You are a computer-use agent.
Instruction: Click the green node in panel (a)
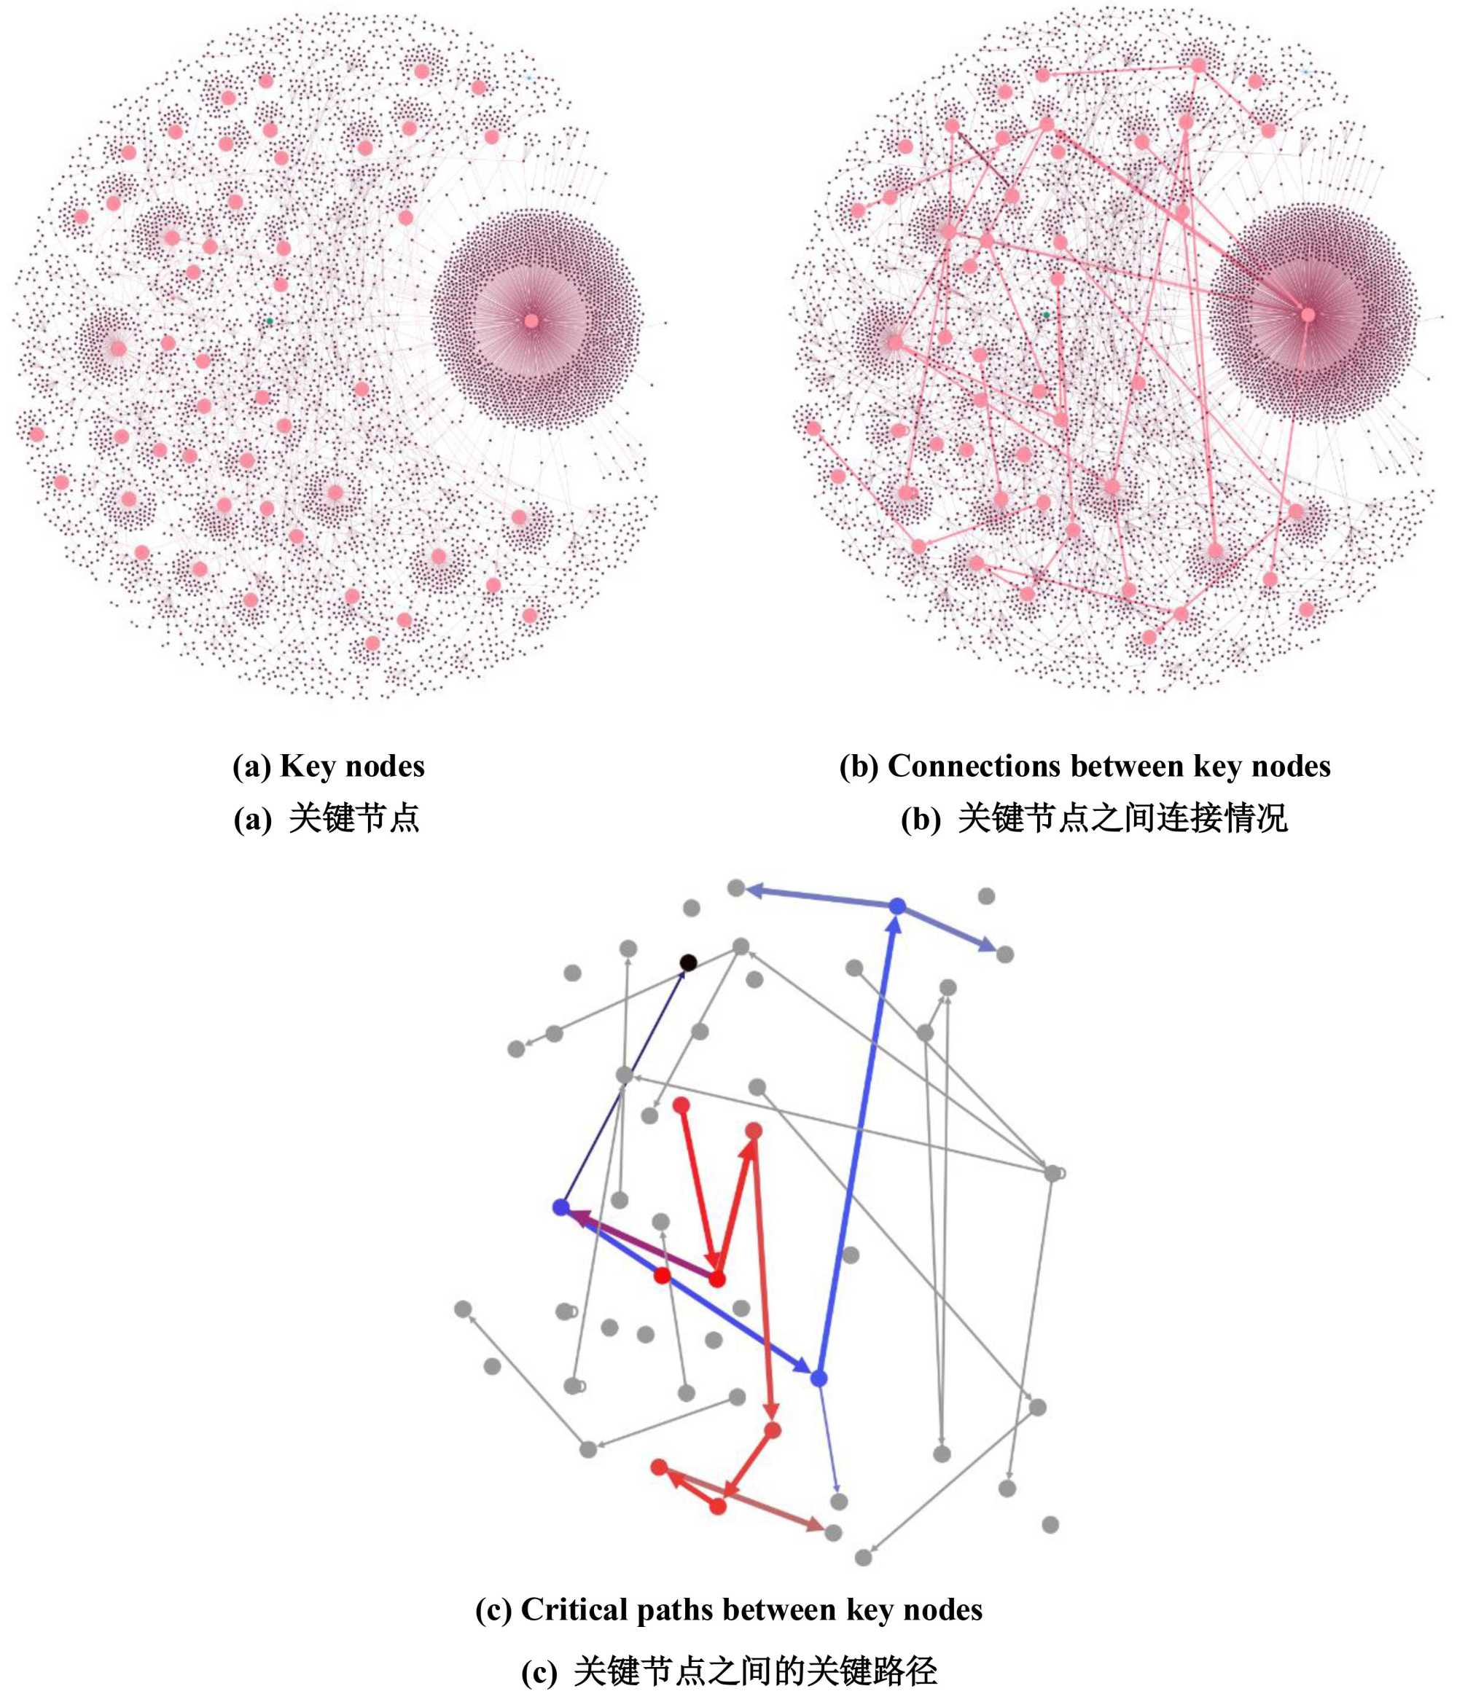click(x=269, y=321)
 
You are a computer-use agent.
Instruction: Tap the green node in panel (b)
click(x=1046, y=315)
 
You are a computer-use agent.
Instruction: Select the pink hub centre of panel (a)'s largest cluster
click(x=531, y=321)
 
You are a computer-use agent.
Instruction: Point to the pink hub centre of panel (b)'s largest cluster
click(x=1308, y=315)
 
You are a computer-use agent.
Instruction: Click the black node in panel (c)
click(x=689, y=962)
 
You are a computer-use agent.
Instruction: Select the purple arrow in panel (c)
click(x=641, y=1243)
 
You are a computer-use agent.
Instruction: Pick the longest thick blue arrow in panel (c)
click(x=858, y=1142)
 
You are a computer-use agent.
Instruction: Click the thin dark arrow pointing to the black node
click(x=625, y=1084)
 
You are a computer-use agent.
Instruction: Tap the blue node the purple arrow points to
click(x=561, y=1207)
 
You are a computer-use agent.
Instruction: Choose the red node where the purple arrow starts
click(x=717, y=1279)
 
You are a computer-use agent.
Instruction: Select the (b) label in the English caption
click(x=859, y=766)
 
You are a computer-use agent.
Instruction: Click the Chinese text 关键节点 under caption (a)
click(x=354, y=818)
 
